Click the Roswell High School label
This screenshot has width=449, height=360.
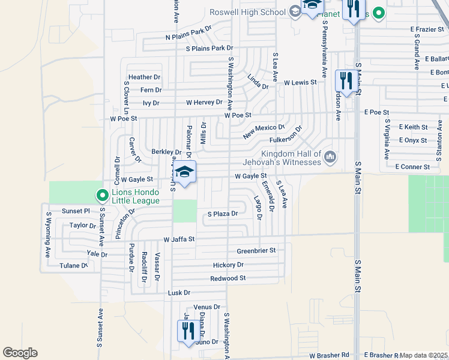click(x=247, y=12)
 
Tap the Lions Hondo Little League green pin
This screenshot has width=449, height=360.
click(x=102, y=195)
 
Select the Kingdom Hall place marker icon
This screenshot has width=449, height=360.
click(x=329, y=158)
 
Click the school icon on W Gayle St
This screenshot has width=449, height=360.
click(x=185, y=172)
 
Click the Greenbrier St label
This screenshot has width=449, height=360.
click(x=256, y=250)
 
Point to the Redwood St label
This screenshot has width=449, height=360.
click(x=228, y=278)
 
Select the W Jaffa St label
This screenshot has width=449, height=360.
click(x=179, y=239)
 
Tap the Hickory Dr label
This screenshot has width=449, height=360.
click(x=228, y=265)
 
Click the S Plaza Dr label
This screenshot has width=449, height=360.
click(x=223, y=214)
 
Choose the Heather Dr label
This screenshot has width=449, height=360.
click(x=144, y=77)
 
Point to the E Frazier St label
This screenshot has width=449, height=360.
click(x=426, y=29)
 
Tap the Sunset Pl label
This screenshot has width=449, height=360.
click(x=76, y=211)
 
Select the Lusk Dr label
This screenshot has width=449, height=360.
click(x=179, y=293)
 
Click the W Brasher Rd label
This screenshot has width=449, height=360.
click(x=329, y=355)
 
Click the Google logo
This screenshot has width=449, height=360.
click(x=20, y=353)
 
